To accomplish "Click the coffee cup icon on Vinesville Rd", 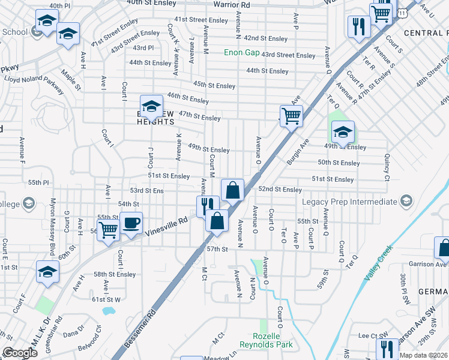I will point(131,223).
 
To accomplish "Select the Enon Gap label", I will point(242,53).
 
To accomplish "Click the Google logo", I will point(19,353).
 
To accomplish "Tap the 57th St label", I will point(218,248).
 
